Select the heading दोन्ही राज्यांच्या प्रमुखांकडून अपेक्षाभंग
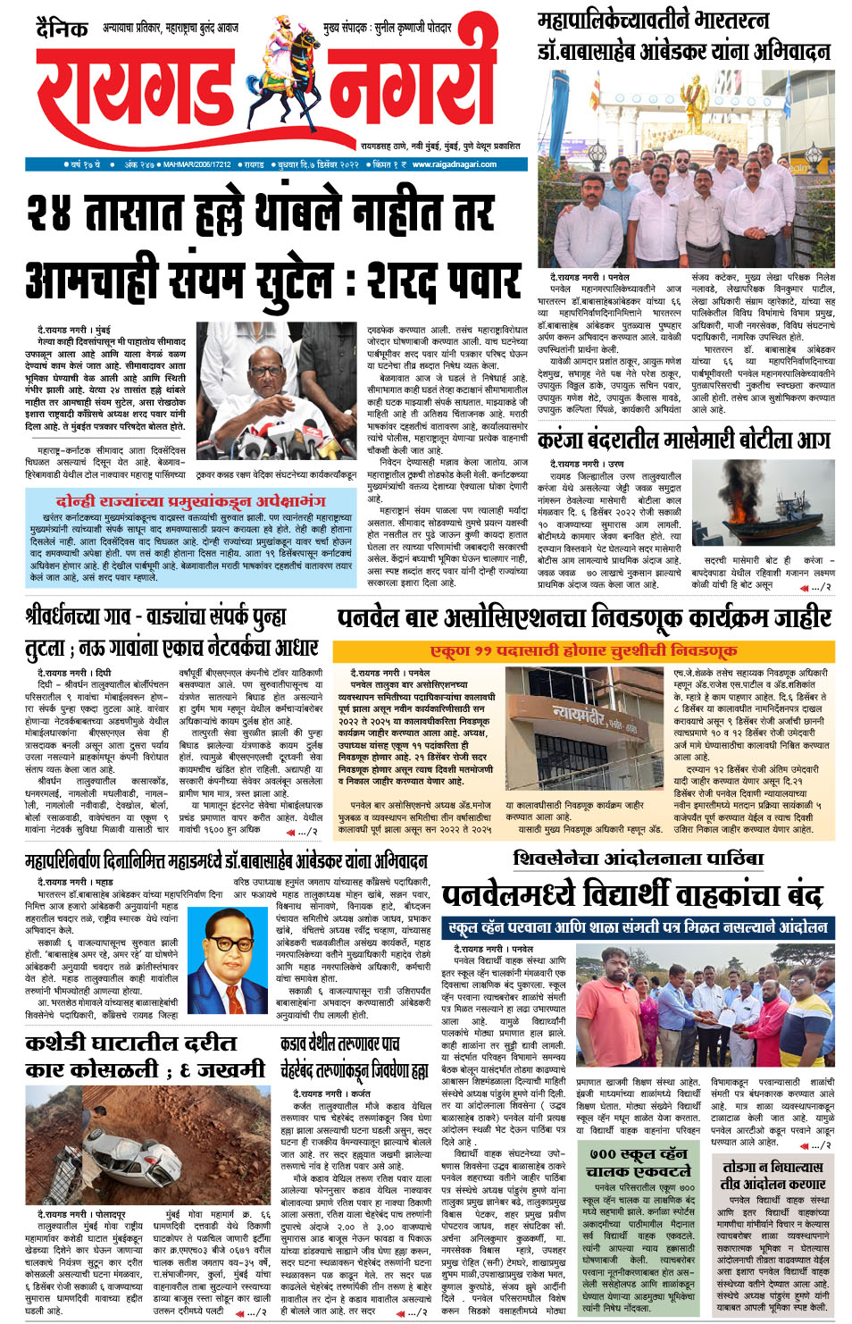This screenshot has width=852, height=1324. click(191, 501)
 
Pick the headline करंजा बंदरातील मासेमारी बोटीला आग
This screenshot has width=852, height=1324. click(683, 440)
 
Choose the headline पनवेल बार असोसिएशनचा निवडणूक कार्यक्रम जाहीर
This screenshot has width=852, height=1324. click(584, 617)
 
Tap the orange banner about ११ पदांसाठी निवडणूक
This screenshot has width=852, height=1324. click(584, 650)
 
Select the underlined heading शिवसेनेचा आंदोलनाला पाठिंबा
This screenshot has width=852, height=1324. click(639, 859)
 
